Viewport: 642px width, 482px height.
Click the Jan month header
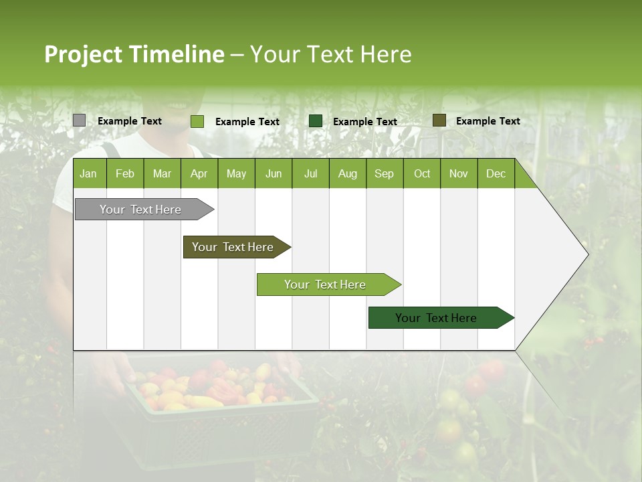coord(88,174)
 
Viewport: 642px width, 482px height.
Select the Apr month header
coord(199,174)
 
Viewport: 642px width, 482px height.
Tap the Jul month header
coord(310,174)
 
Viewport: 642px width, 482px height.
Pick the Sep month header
coord(384,174)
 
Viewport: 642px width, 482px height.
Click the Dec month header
coord(496,174)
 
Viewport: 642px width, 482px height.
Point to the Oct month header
coord(422,174)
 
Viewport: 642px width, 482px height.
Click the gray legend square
coord(79,120)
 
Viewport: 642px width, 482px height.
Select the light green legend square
coord(197,121)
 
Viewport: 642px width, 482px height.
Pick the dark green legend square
coord(316,120)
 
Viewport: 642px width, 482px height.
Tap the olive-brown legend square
coord(439,120)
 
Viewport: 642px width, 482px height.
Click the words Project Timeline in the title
coord(134,54)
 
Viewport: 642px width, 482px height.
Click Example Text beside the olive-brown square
coord(488,121)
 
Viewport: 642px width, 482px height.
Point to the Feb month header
coord(125,174)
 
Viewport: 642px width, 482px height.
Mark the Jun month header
coord(274,174)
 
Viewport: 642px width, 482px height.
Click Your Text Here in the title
coord(331,54)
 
